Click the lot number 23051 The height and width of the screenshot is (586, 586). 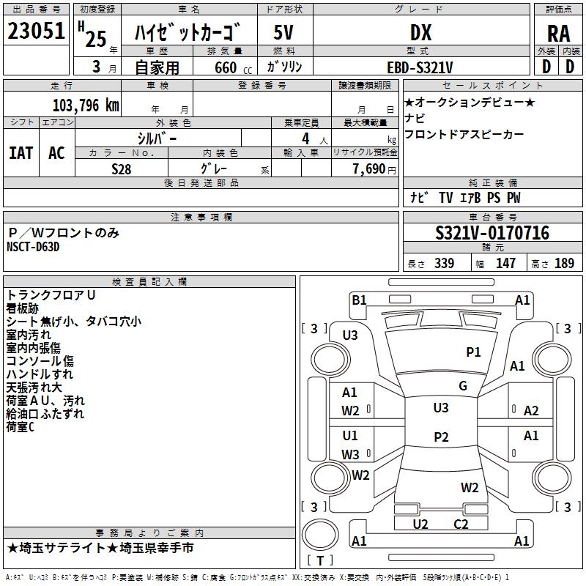click(x=37, y=31)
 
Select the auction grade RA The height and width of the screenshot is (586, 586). click(x=558, y=34)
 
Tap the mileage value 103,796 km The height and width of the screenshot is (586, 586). click(x=86, y=105)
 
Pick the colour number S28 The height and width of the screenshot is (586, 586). click(x=122, y=168)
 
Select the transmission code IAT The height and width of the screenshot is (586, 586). click(x=21, y=152)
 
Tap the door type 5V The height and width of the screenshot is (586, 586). click(x=285, y=32)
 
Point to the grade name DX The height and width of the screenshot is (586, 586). click(x=420, y=32)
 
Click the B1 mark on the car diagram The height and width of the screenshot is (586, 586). click(x=359, y=300)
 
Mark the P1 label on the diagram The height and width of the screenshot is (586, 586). click(x=474, y=352)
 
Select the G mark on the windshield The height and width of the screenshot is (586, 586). click(x=463, y=386)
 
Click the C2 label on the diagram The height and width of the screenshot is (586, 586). click(x=461, y=524)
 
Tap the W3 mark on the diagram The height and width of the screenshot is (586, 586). click(x=350, y=454)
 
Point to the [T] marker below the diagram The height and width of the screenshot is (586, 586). click(x=320, y=560)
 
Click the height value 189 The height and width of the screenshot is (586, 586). click(x=565, y=264)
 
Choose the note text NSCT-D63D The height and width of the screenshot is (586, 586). click(x=33, y=246)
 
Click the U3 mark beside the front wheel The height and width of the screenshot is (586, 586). click(x=350, y=335)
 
